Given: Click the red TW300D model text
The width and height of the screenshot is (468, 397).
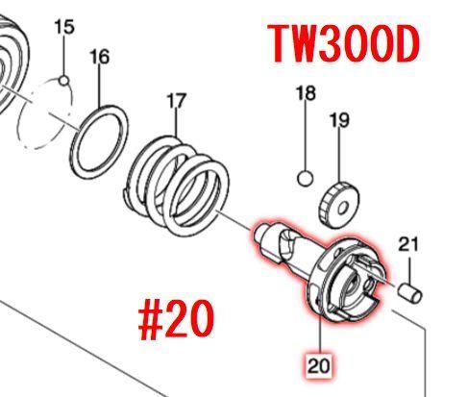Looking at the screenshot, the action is click(x=343, y=44).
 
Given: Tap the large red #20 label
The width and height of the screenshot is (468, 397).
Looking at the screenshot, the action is click(x=176, y=320).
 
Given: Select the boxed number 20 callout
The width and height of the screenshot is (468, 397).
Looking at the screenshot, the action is click(x=318, y=365).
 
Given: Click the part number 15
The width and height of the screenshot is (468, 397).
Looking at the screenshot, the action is click(x=64, y=27).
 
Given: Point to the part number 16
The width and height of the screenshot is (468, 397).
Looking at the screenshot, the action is click(x=100, y=57).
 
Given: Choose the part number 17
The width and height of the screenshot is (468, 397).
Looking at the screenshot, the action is click(x=177, y=101).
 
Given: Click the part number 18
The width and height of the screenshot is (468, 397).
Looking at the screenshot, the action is click(x=306, y=93).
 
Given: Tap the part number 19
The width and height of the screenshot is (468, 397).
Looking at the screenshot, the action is click(x=339, y=120).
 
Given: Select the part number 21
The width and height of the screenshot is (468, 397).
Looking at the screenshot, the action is click(x=408, y=244).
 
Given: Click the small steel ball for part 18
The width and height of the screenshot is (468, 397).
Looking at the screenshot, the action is click(x=305, y=179).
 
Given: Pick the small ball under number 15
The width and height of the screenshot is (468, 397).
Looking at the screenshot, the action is click(x=64, y=81).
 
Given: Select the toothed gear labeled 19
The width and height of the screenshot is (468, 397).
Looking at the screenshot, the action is click(x=327, y=205).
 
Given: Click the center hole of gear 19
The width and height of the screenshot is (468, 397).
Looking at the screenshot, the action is click(x=342, y=209).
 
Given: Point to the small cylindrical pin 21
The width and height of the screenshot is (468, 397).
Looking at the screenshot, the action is click(x=409, y=292).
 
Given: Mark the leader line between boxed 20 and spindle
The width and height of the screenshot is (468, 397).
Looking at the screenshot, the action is click(x=320, y=334).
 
